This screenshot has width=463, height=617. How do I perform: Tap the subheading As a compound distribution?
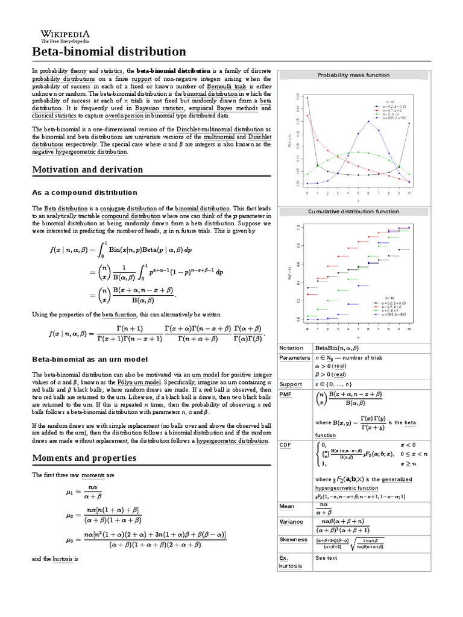pos(84,192)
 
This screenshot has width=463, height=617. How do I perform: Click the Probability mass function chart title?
pos(353,75)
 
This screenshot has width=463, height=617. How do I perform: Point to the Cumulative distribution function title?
pos(353,211)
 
